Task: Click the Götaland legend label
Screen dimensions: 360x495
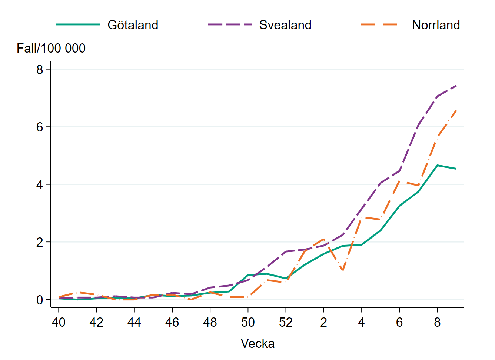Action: pos(133,25)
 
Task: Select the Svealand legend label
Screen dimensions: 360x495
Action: pos(285,25)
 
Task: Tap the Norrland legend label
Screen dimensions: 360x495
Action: pos(436,25)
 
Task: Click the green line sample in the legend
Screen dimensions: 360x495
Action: pos(78,25)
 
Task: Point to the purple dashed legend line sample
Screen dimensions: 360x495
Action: pos(230,25)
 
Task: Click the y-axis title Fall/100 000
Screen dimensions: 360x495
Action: pos(51,48)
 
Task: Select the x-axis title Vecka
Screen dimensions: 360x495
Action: pos(258,343)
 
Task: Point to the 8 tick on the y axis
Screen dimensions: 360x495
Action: pos(40,69)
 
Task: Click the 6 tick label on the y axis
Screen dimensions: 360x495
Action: pos(40,127)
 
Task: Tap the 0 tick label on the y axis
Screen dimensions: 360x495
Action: pos(40,300)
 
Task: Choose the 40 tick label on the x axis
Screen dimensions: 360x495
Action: pos(59,322)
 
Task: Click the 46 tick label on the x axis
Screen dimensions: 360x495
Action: pos(172,322)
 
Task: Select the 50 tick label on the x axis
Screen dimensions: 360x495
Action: pos(248,322)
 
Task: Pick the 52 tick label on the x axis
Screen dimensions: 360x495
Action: pos(286,322)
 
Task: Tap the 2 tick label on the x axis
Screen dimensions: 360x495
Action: pos(323,322)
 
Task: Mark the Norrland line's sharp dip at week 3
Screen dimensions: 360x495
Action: pos(343,271)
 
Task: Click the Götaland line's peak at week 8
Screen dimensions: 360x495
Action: pos(438,165)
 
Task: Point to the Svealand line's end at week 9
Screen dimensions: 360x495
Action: pos(456,86)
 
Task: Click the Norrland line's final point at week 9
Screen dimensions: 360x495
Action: pos(456,110)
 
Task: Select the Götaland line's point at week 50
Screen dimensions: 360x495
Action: pos(248,275)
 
